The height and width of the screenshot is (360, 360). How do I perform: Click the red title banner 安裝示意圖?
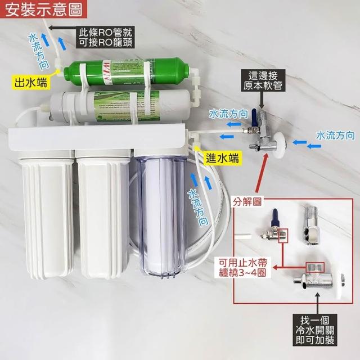coord(43,9)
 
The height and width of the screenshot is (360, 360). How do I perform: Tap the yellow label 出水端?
coord(30,82)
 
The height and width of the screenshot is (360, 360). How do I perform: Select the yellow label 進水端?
coord(222,158)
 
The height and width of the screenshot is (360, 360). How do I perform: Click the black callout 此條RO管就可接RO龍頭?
coord(105,37)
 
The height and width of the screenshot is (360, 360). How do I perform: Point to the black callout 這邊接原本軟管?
coord(263,80)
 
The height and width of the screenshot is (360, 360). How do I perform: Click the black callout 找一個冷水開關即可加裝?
coord(315,330)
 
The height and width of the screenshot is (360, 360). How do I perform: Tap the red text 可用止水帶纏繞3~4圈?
coord(242,267)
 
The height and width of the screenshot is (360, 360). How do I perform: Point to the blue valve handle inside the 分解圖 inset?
coord(276,218)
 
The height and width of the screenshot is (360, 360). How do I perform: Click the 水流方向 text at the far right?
coord(335,135)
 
